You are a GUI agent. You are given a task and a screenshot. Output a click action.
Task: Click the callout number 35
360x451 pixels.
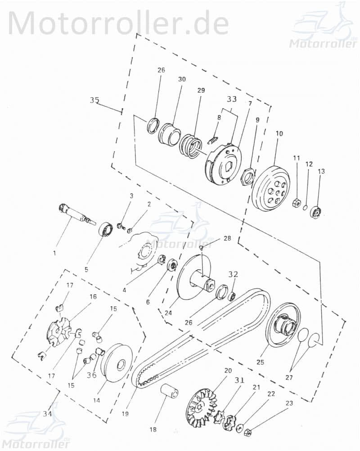(94, 100)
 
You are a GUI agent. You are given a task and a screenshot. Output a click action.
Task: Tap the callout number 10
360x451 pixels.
(279, 134)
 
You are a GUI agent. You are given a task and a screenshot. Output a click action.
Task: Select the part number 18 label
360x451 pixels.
(153, 429)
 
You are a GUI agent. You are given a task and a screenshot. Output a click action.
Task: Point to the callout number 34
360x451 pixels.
(47, 414)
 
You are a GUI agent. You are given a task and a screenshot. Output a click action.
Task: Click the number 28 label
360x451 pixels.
(227, 238)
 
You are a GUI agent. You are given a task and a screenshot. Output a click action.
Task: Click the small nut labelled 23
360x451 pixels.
(247, 433)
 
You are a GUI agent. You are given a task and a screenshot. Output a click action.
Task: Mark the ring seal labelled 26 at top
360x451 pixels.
(153, 125)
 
